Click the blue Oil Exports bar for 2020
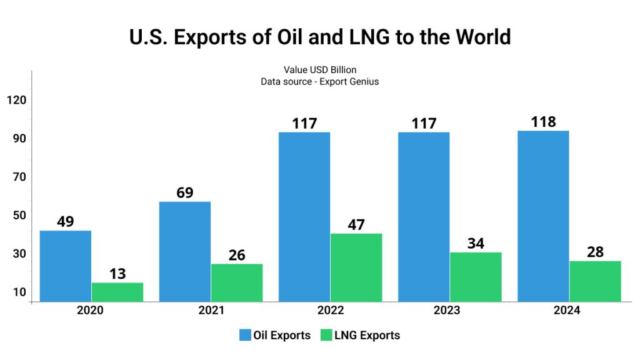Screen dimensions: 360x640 (x=65, y=266)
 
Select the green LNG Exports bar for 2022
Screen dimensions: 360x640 (x=356, y=267)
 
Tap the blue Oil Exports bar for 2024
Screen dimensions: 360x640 (x=543, y=216)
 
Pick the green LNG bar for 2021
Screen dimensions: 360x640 (x=237, y=282)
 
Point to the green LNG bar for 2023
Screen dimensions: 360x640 (x=476, y=277)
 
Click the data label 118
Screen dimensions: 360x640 (x=543, y=122)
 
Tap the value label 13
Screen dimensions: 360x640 (x=117, y=274)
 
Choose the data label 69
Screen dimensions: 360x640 (x=185, y=192)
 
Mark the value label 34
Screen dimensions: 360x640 (x=476, y=243)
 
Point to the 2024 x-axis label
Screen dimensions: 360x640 (x=566, y=311)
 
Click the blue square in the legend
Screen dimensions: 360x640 (x=245, y=336)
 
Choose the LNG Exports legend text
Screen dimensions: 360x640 (x=367, y=336)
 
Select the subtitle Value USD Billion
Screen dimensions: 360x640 (x=320, y=70)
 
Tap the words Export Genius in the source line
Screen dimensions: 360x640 (x=349, y=82)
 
